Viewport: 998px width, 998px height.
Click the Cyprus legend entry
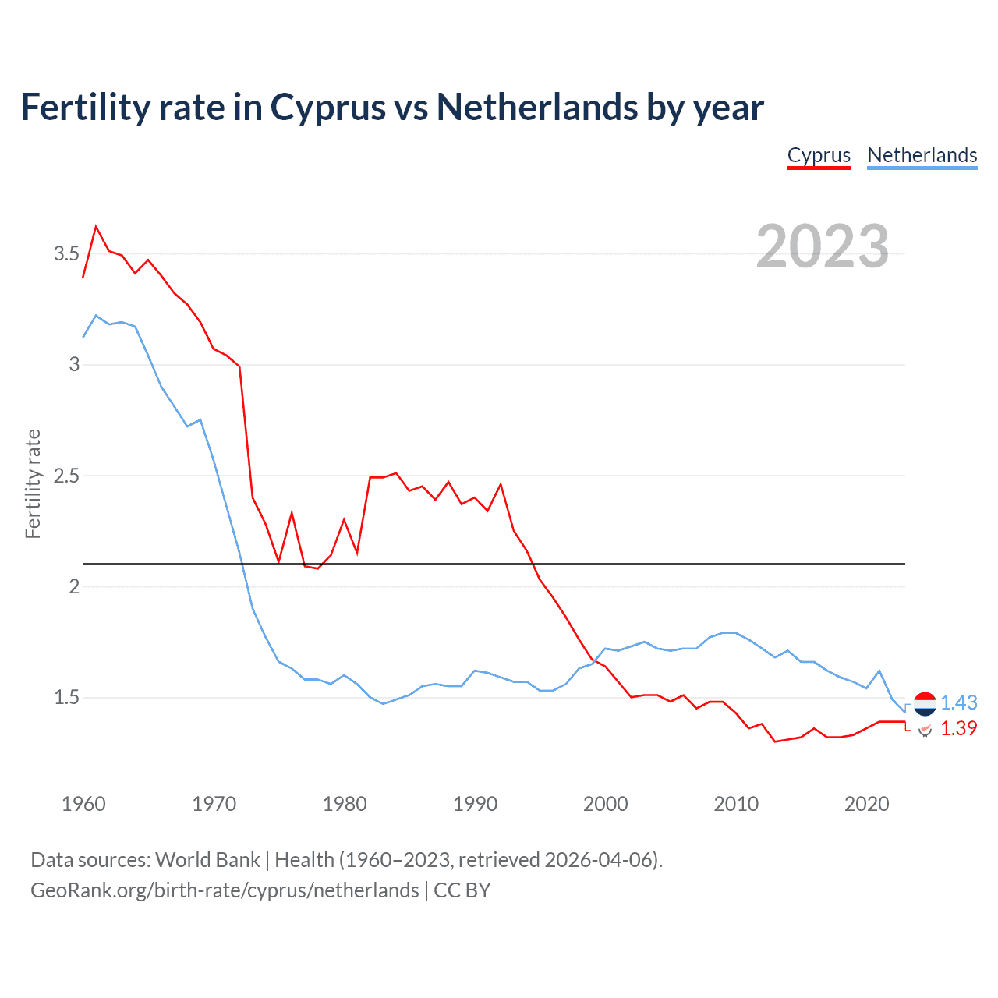pyautogui.click(x=819, y=155)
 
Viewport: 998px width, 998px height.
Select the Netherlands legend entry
pyautogui.click(x=922, y=155)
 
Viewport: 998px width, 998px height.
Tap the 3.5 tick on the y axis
pyautogui.click(x=66, y=254)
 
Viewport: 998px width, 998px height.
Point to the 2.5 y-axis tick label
pyautogui.click(x=66, y=476)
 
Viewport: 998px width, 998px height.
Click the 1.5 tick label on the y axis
pyautogui.click(x=66, y=698)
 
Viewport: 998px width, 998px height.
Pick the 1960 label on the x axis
pyautogui.click(x=83, y=804)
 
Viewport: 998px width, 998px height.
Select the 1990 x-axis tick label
pyautogui.click(x=475, y=804)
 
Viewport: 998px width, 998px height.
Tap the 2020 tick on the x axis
pyautogui.click(x=866, y=804)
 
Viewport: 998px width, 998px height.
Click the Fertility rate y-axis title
pyautogui.click(x=33, y=483)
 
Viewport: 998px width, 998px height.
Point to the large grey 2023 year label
pyautogui.click(x=822, y=246)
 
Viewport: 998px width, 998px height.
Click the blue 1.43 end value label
pyautogui.click(x=958, y=702)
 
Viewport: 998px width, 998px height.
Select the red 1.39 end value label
pyautogui.click(x=958, y=728)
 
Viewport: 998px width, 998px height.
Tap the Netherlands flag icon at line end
pyautogui.click(x=925, y=703)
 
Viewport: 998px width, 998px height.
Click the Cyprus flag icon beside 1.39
pyautogui.click(x=925, y=730)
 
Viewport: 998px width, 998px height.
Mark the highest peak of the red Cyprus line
pyautogui.click(x=96, y=227)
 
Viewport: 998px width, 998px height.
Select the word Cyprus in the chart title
pyautogui.click(x=327, y=107)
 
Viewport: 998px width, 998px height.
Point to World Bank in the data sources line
pyautogui.click(x=207, y=859)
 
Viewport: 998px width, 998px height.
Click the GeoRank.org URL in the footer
pyautogui.click(x=225, y=890)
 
